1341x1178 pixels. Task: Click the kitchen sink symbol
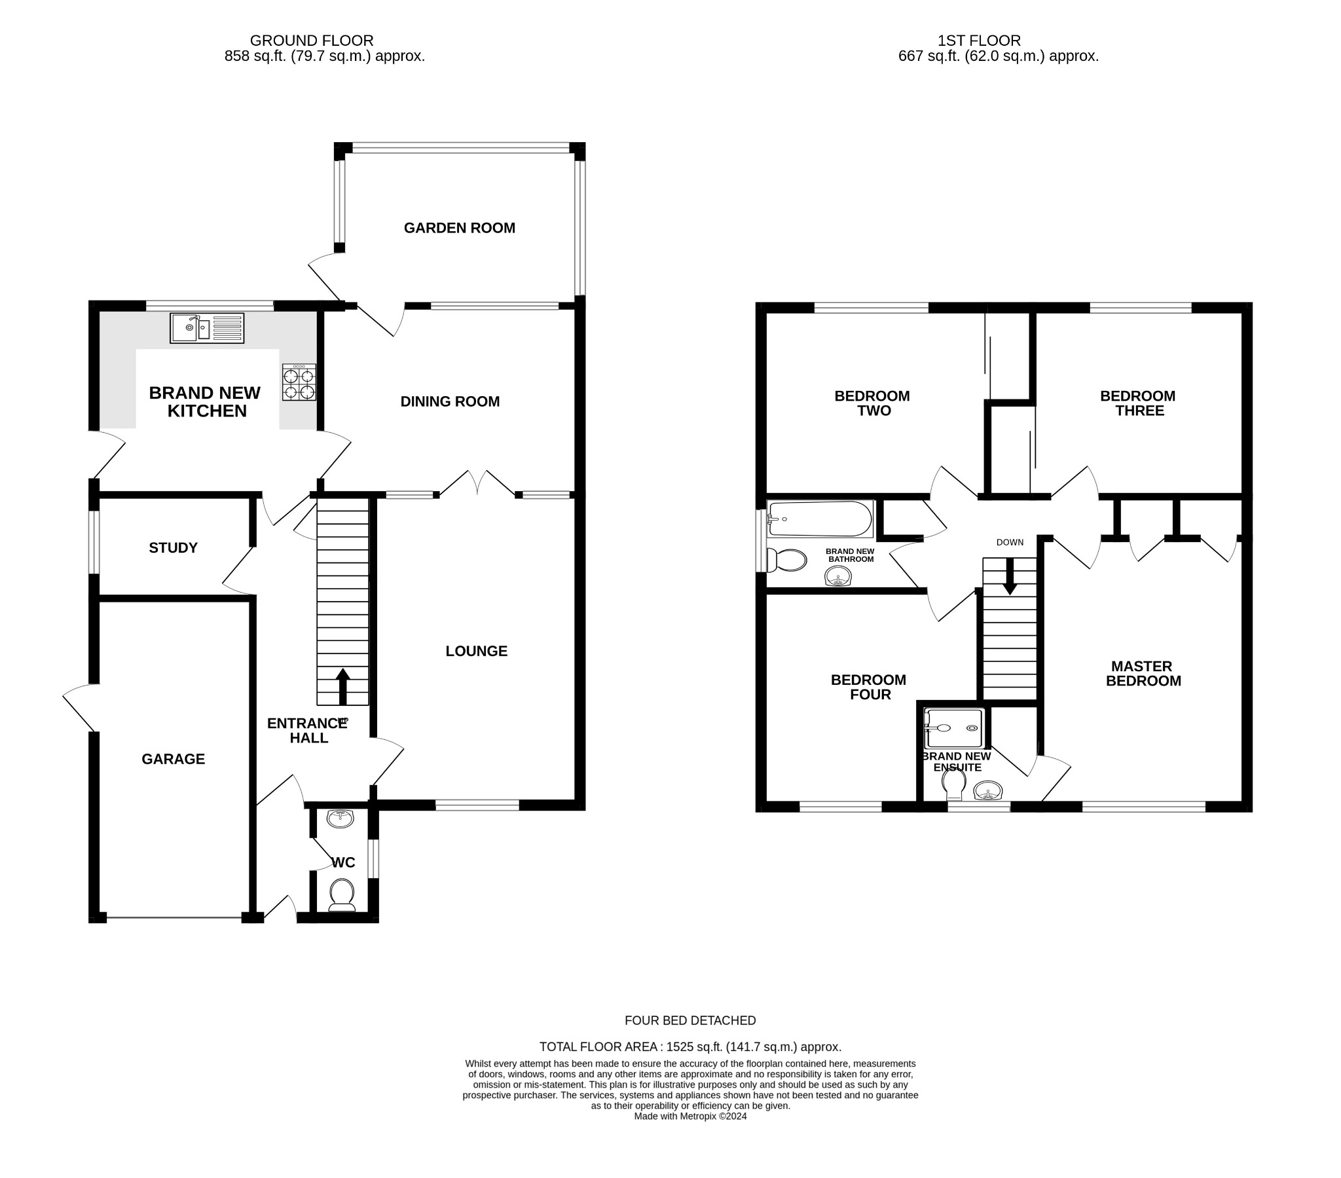coord(207,327)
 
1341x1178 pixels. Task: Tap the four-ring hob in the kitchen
coord(299,382)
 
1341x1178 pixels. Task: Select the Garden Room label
coord(459,228)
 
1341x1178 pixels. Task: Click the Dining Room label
coord(450,401)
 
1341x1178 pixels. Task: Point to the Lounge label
coord(476,651)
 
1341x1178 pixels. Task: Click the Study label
coord(174,547)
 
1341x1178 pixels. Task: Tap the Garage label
coord(174,759)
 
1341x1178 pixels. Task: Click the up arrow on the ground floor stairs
coord(342,686)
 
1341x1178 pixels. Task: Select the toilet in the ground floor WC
coord(342,896)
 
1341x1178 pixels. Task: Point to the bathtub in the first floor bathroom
coord(820,519)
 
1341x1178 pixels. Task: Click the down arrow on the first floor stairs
coord(1010,576)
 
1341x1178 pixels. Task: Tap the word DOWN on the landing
coord(1010,542)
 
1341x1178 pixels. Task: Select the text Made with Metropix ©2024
coord(690,1116)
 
